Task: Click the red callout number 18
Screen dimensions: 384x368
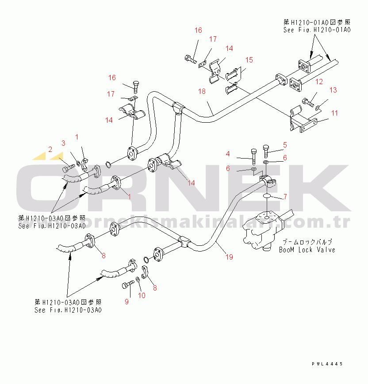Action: coord(202,92)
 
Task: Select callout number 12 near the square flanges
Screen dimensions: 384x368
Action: coord(319,81)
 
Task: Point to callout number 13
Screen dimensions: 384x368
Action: coord(333,90)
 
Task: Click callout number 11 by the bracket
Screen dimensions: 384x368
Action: coord(334,113)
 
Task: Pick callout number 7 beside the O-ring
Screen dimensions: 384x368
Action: coord(285,196)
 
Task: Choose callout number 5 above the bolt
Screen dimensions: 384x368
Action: coord(285,144)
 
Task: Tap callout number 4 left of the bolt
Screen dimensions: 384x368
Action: coord(228,154)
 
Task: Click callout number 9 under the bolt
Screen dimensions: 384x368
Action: coord(126,302)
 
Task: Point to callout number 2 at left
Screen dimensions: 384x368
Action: coord(50,149)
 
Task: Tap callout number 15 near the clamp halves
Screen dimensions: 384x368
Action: coord(249,60)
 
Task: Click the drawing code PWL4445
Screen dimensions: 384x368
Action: coord(326,364)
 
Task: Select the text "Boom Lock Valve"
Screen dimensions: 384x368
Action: coord(307,250)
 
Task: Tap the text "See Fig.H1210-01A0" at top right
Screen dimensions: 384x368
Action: coord(317,30)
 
